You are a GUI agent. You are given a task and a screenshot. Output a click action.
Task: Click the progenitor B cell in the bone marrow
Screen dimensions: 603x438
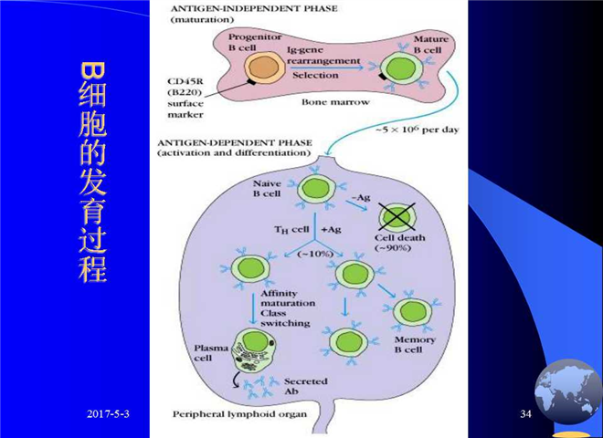pyautogui.click(x=264, y=68)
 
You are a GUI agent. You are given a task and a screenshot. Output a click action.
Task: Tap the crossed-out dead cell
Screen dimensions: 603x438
pyautogui.click(x=397, y=217)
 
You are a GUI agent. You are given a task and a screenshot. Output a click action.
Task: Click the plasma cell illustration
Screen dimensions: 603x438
pyautogui.click(x=254, y=350)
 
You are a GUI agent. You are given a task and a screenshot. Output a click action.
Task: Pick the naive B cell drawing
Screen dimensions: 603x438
pyautogui.click(x=316, y=189)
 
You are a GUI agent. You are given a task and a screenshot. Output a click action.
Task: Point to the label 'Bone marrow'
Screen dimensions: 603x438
pyautogui.click(x=335, y=102)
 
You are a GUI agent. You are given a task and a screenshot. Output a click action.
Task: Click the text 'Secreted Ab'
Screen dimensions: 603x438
pyautogui.click(x=306, y=386)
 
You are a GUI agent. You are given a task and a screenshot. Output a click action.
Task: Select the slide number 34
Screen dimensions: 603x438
pyautogui.click(x=525, y=413)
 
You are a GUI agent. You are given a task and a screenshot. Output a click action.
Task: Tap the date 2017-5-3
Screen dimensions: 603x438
pyautogui.click(x=108, y=413)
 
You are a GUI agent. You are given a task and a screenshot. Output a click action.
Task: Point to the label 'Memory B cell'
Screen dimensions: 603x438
pyautogui.click(x=415, y=344)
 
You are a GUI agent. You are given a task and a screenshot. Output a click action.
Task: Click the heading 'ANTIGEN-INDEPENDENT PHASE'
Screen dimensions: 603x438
pyautogui.click(x=254, y=8)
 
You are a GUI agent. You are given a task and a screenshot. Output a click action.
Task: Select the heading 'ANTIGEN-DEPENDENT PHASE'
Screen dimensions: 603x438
pyautogui.click(x=235, y=142)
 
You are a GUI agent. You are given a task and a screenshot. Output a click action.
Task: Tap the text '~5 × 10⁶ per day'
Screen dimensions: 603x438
pyautogui.click(x=418, y=129)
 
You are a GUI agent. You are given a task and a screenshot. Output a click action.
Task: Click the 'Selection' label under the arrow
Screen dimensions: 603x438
pyautogui.click(x=315, y=75)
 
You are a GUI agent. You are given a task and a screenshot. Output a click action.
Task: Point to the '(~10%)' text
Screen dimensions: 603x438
pyautogui.click(x=315, y=254)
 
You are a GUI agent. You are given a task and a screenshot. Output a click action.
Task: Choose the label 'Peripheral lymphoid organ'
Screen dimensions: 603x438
pyautogui.click(x=239, y=414)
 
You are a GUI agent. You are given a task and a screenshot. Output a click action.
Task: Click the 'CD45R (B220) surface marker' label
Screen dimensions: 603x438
pyautogui.click(x=185, y=98)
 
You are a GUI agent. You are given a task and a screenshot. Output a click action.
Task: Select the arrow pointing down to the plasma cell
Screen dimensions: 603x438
pyautogui.click(x=253, y=309)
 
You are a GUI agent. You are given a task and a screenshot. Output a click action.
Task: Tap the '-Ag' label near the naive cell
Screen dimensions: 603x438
pyautogui.click(x=361, y=197)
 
